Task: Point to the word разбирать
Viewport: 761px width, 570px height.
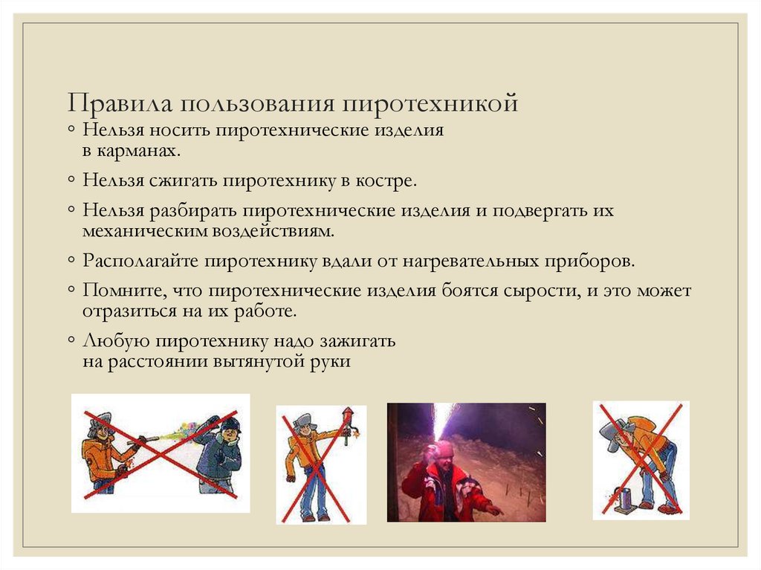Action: [193, 211]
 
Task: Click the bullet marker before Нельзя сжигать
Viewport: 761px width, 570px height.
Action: [70, 181]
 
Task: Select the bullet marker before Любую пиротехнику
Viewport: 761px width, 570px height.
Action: [70, 342]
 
